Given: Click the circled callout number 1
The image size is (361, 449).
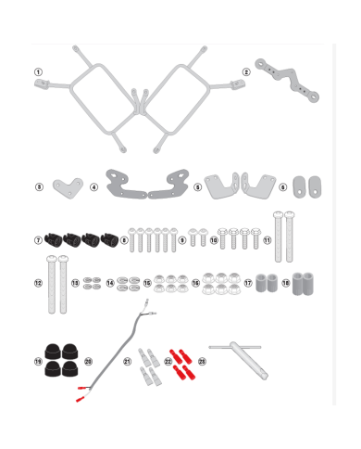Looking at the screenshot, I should (x=38, y=71).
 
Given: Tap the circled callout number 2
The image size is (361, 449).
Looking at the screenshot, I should (x=246, y=71).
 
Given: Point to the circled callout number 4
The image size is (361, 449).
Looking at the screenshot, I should (x=94, y=186).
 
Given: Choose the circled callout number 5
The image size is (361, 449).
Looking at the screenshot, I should (x=197, y=186).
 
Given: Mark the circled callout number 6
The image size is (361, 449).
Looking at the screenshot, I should (x=283, y=186).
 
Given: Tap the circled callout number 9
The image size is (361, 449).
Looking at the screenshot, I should (x=182, y=240).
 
